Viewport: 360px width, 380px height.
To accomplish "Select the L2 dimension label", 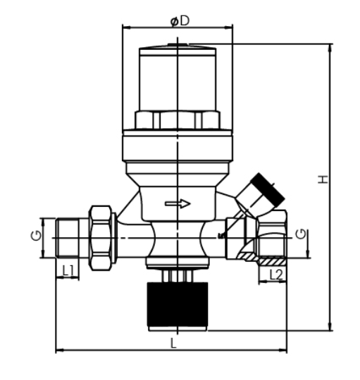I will click(277, 274).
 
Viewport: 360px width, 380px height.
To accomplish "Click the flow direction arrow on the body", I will click(178, 204).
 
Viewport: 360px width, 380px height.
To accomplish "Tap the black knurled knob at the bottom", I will click(178, 305).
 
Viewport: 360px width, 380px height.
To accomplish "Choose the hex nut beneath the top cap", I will click(178, 119).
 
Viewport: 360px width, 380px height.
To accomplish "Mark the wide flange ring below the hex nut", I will click(178, 147).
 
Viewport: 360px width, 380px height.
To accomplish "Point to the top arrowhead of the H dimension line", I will click(329, 47).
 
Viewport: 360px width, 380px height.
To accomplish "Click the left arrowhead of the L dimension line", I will click(58, 349).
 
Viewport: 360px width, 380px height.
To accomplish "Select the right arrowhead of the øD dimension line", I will click(232, 27).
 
